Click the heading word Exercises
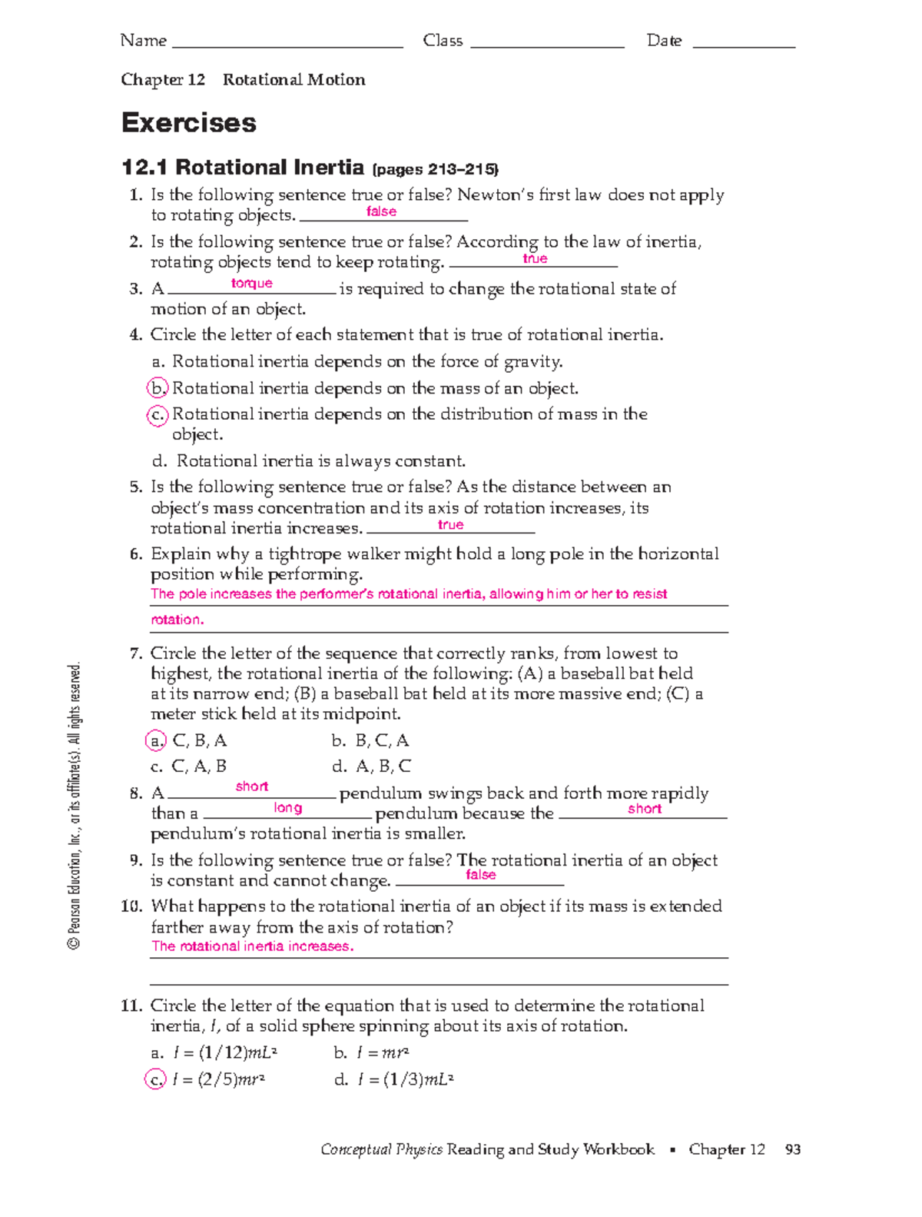[189, 123]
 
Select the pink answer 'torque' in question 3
[252, 284]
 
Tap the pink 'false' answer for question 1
[381, 211]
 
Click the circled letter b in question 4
[157, 388]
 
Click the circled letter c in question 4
[157, 415]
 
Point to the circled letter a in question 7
[156, 740]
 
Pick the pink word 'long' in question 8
[288, 808]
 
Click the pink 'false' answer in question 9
[481, 875]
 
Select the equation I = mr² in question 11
[383, 1052]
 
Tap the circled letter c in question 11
[155, 1079]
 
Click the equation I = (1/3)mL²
[405, 1079]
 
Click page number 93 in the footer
[793, 1149]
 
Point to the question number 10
[131, 906]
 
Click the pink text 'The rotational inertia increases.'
[253, 946]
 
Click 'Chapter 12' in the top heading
[163, 80]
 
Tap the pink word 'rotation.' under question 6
[177, 620]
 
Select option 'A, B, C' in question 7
[383, 766]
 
